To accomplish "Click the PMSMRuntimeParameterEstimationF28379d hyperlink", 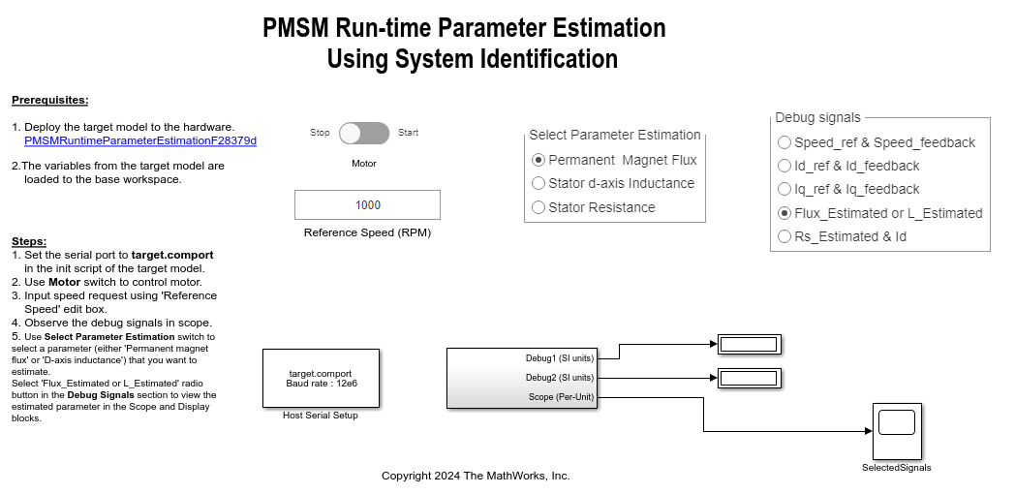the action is click(140, 140).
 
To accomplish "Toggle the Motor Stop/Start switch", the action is click(364, 134).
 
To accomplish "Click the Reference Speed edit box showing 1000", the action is click(368, 204).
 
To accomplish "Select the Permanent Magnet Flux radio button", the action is click(538, 160).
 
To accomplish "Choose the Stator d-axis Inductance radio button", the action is click(538, 183).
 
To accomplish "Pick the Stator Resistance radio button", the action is click(538, 207).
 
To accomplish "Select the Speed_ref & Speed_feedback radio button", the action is click(784, 142).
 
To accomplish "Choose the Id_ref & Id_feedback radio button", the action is click(784, 166).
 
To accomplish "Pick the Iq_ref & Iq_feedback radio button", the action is click(784, 189).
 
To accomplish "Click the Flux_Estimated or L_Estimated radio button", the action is click(784, 213).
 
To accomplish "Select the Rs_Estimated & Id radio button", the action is click(784, 236).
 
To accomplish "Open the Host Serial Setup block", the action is click(322, 378).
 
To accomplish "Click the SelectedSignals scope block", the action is click(897, 431).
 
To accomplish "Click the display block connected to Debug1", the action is click(750, 345).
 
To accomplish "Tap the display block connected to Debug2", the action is click(750, 378).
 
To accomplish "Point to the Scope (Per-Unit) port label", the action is click(561, 397).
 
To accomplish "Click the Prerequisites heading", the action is click(49, 101).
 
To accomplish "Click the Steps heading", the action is click(29, 241).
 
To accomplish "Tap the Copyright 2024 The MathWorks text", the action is click(476, 476).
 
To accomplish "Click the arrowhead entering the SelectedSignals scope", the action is click(869, 431).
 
